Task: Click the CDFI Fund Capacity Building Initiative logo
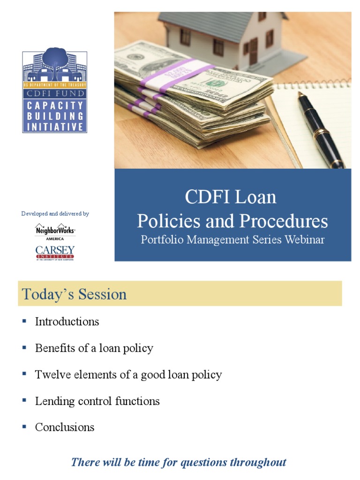pos(55,92)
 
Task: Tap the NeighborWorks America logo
pos(55,231)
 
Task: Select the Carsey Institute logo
pos(55,252)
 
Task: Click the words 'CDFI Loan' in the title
pos(231,197)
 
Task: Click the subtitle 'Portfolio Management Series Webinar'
pos(232,240)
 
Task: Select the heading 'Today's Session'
pos(74,294)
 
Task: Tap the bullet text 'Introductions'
pos(67,322)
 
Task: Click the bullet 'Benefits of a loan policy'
pos(94,348)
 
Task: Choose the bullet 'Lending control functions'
pos(97,401)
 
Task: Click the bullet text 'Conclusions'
pos(65,427)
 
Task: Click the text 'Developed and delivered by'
pos(55,214)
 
